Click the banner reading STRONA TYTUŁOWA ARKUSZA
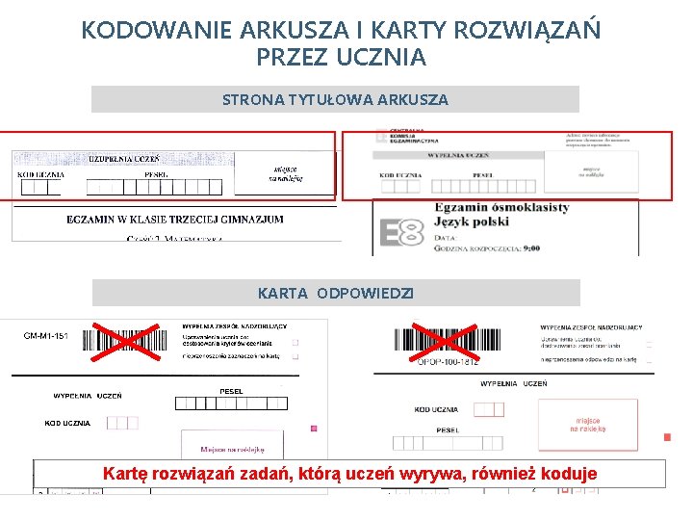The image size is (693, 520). (335, 99)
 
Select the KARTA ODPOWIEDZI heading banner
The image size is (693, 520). (335, 293)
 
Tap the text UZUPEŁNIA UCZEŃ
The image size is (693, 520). (124, 159)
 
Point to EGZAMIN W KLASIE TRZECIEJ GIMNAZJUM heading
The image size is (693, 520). (175, 220)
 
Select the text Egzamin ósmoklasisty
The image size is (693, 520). (501, 207)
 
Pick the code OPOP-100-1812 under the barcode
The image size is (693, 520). (448, 362)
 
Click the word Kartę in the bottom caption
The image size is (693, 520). (127, 474)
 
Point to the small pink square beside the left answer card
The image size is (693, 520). (314, 428)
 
